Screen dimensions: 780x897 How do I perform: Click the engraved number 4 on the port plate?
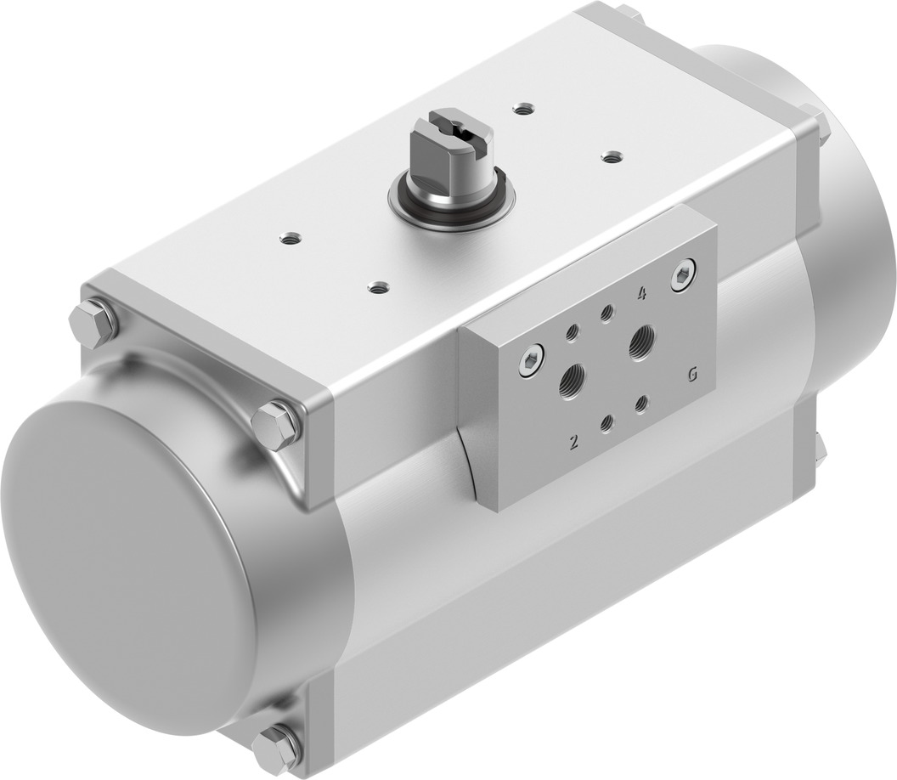(x=641, y=295)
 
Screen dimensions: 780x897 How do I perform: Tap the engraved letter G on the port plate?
(x=693, y=374)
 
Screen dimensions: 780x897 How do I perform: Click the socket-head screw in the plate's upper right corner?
(x=682, y=278)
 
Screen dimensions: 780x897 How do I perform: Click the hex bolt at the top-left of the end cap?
(x=92, y=322)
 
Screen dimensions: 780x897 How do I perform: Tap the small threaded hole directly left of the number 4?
(x=606, y=313)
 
